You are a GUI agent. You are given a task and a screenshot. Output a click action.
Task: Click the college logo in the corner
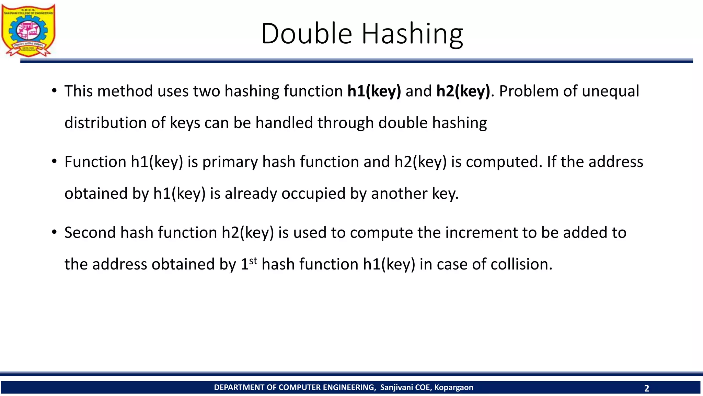28,30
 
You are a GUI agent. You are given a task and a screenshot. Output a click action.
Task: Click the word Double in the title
307,34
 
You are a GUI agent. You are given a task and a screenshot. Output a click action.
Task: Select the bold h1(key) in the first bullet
374,91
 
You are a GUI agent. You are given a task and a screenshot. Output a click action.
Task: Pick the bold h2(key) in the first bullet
463,91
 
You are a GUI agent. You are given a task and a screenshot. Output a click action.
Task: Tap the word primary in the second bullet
230,162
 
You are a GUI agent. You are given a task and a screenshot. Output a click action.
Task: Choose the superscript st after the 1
253,261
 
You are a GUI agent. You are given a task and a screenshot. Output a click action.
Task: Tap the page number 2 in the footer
647,388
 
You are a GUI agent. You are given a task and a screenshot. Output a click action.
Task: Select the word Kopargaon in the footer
453,387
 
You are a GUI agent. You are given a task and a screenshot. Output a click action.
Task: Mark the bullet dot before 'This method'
54,91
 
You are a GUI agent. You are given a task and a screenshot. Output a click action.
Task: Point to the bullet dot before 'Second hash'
54,232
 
